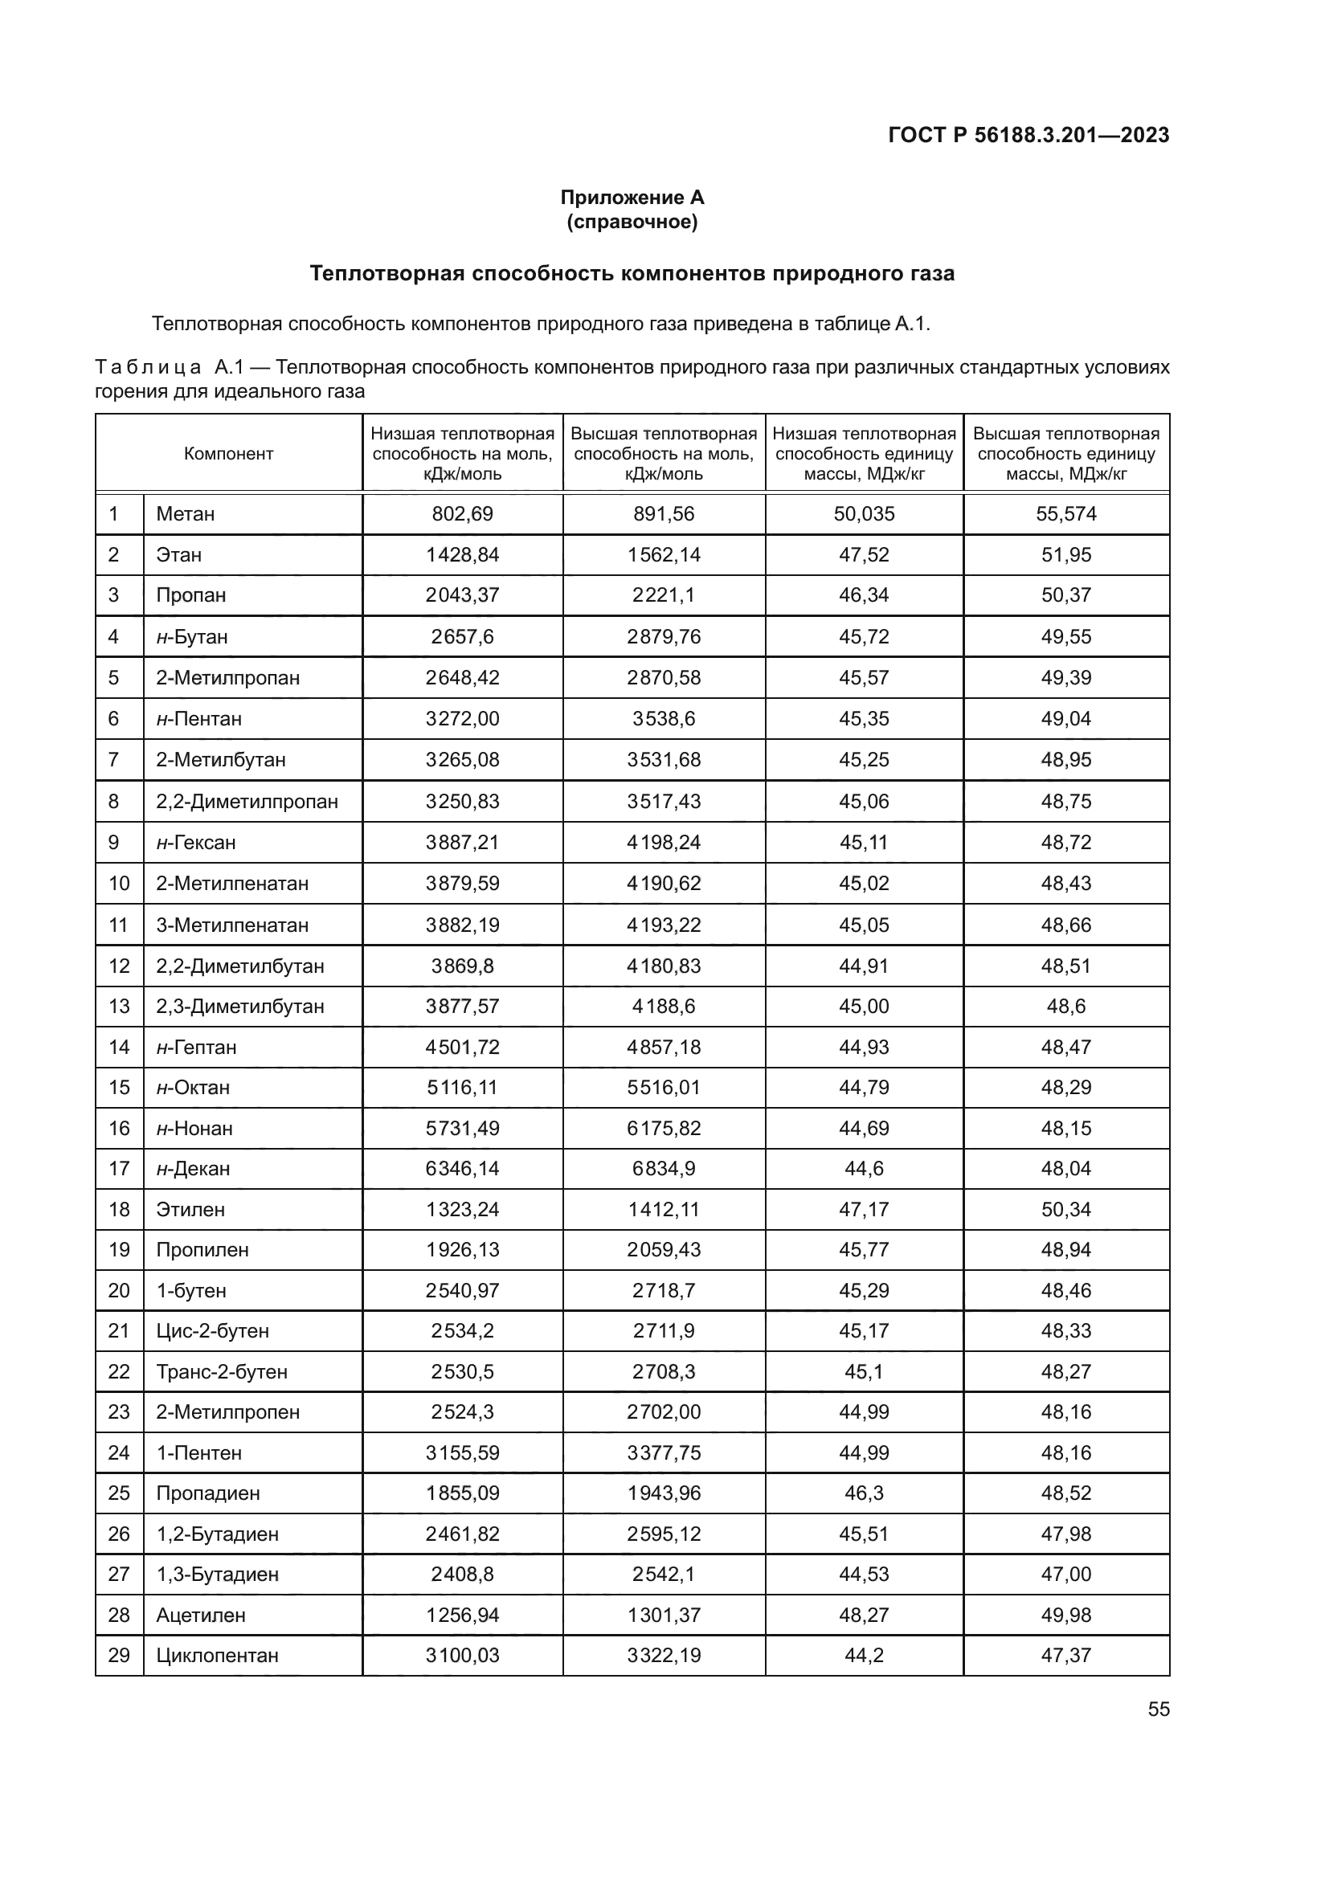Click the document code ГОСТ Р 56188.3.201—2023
coord(1028,135)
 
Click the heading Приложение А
coord(632,198)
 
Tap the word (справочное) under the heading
coord(632,222)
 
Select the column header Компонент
coord(228,453)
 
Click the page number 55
coord(1158,1709)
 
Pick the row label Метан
coord(186,514)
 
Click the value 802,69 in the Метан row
coord(462,514)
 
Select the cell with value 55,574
coord(1065,514)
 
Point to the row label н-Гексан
coord(195,842)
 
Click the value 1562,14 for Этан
coord(664,555)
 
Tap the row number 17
coord(119,1169)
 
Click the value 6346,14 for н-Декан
coord(462,1169)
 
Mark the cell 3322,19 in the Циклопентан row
coord(664,1655)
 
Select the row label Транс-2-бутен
coord(222,1371)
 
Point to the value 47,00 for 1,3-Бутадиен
coord(1065,1574)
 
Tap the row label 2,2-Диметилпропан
coord(247,801)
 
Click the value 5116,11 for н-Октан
coord(462,1088)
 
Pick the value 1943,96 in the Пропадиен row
coord(664,1493)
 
